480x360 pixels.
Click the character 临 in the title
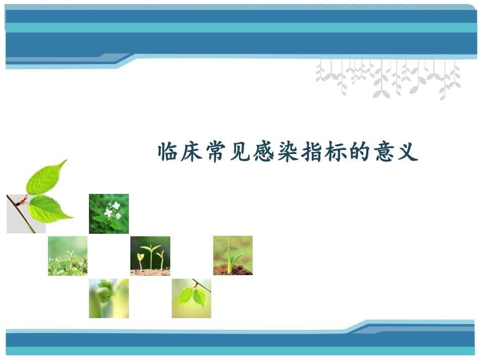(x=169, y=151)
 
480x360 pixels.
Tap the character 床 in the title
(x=193, y=151)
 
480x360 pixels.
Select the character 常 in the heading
(x=216, y=151)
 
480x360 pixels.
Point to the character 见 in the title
(x=240, y=151)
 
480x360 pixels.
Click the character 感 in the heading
(x=264, y=151)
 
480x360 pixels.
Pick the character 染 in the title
(x=287, y=151)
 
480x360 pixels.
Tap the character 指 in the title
(x=311, y=151)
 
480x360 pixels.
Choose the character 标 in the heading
(x=335, y=151)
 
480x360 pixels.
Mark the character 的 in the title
(x=359, y=151)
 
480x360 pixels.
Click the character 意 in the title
(x=382, y=151)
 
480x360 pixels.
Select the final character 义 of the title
(x=407, y=151)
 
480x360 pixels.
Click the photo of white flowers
(x=109, y=214)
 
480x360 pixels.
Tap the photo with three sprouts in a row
(x=150, y=255)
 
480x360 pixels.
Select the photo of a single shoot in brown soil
(x=232, y=255)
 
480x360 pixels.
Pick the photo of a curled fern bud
(x=109, y=298)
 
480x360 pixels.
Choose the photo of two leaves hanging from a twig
(x=191, y=298)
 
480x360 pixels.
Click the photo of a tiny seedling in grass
(x=68, y=255)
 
